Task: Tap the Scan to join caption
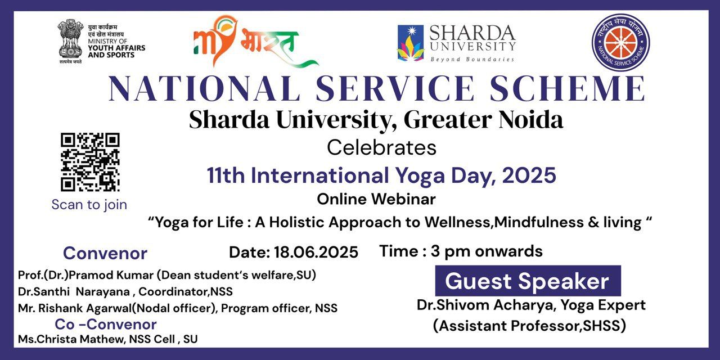(89, 205)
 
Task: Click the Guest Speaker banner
(528, 281)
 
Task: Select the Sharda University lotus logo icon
(410, 43)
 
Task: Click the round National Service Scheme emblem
(620, 42)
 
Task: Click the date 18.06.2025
(316, 253)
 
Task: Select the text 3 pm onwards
(487, 251)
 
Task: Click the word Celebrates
(381, 148)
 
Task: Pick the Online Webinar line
(376, 199)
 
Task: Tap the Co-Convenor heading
(105, 325)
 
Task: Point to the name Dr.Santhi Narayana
(74, 291)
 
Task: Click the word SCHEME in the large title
(568, 88)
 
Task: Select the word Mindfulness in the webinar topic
(539, 222)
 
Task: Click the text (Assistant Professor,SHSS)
(529, 326)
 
